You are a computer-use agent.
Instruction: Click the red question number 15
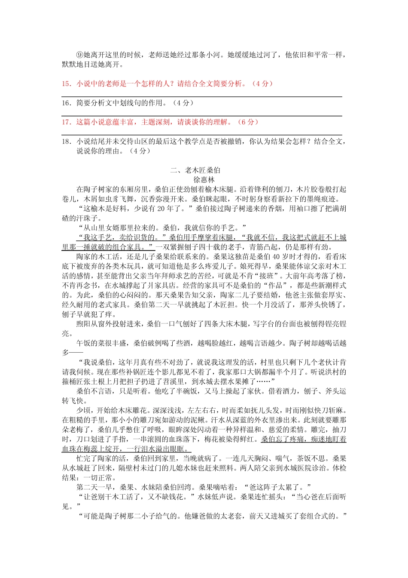[67, 84]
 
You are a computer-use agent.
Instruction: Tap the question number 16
[67, 103]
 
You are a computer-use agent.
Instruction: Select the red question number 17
[67, 122]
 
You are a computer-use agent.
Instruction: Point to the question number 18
[67, 141]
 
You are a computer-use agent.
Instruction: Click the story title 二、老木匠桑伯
[195, 170]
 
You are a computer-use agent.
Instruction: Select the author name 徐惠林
[204, 180]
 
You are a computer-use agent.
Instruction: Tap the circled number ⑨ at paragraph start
[80, 55]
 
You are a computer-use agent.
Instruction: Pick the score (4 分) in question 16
[183, 103]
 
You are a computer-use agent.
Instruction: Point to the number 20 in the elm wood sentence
[161, 209]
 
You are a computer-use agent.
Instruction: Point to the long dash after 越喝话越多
[76, 353]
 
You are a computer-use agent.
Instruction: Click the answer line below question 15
[202, 97]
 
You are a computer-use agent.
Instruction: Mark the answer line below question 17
[202, 135]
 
